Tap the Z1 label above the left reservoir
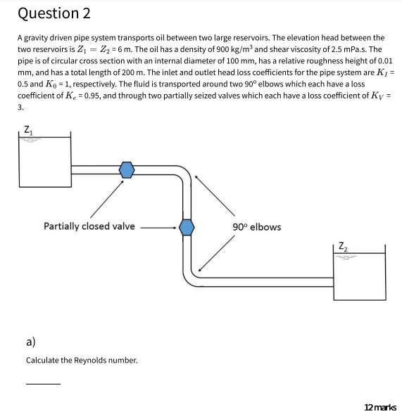(x=27, y=129)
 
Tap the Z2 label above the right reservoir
(x=342, y=245)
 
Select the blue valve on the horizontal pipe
(x=126, y=169)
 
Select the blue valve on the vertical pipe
(x=187, y=226)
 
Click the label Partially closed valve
(x=89, y=226)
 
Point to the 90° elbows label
(x=256, y=226)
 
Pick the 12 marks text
(x=380, y=407)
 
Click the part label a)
(x=31, y=342)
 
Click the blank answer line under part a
(x=43, y=384)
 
